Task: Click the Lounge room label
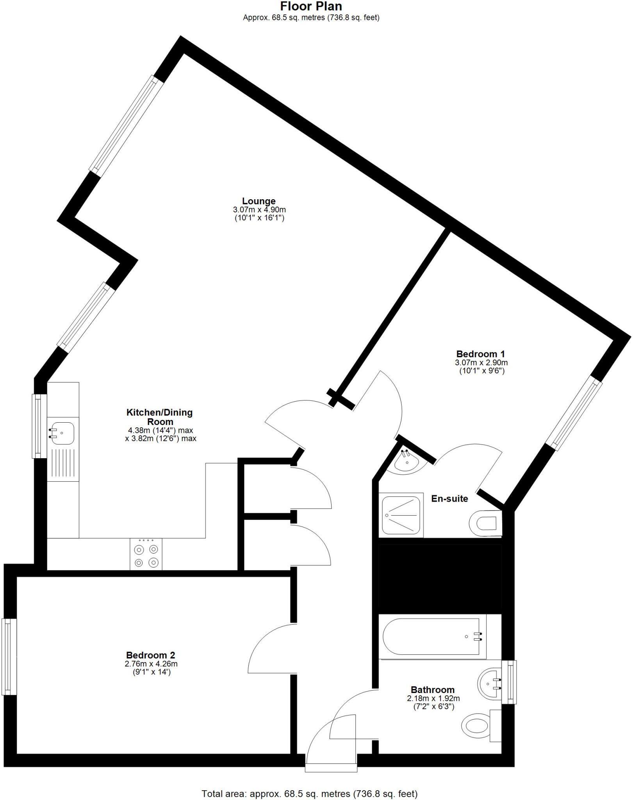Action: click(x=259, y=201)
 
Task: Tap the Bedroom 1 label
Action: click(x=480, y=354)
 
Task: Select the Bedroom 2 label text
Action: click(x=150, y=655)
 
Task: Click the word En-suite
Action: click(x=449, y=498)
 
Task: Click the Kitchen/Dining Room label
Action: click(x=160, y=417)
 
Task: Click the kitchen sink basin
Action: click(x=61, y=433)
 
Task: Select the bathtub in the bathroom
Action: click(x=432, y=636)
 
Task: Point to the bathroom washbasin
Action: click(x=490, y=683)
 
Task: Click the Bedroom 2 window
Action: click(x=9, y=657)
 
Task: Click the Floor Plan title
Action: click(x=311, y=6)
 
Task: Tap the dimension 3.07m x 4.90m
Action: click(x=259, y=210)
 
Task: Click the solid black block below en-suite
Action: click(x=440, y=579)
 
